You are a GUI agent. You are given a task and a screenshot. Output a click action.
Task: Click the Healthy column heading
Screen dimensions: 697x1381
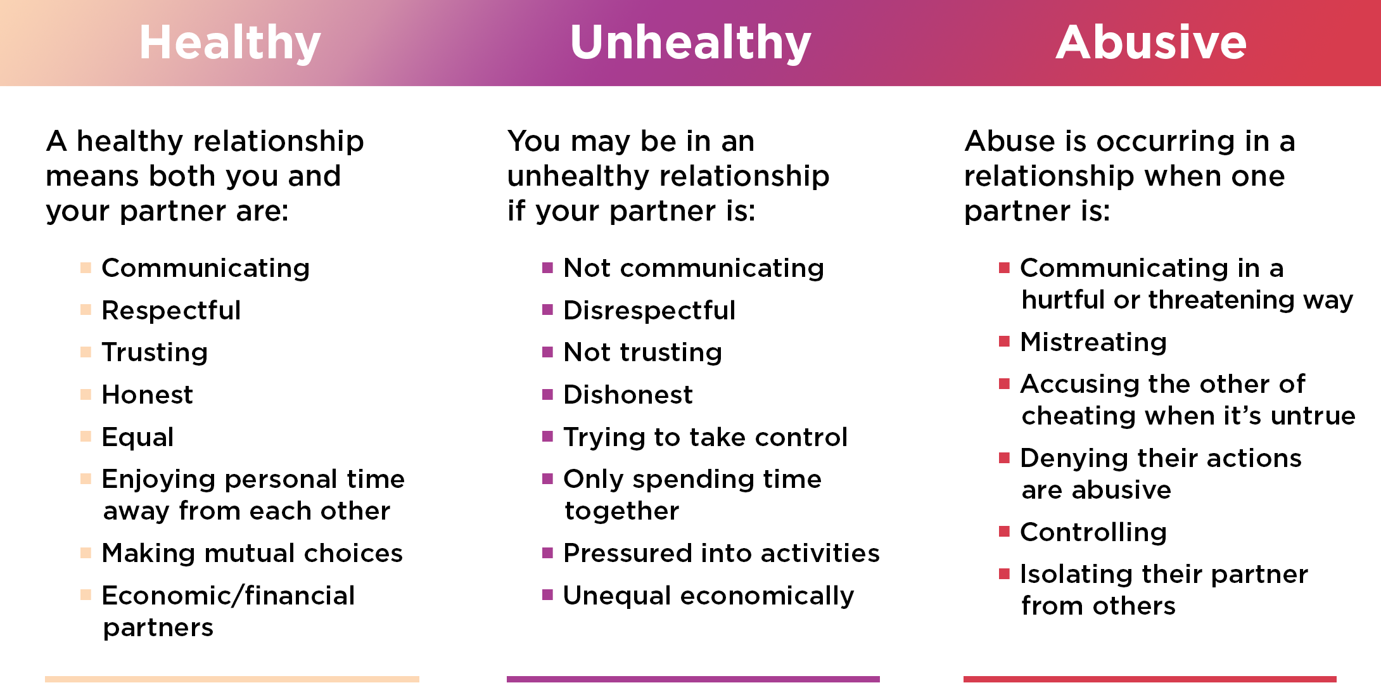(230, 43)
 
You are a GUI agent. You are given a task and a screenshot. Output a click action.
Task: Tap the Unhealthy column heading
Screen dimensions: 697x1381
(690, 43)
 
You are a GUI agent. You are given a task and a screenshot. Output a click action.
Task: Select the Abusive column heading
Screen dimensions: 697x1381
(1151, 43)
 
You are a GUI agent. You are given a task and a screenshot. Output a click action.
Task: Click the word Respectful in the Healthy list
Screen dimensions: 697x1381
(171, 310)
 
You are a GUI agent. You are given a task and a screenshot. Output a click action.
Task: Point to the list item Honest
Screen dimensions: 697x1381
(147, 395)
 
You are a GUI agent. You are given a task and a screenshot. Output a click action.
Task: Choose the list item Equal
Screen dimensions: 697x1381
(137, 437)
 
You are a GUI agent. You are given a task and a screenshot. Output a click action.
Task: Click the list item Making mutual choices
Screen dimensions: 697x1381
(252, 553)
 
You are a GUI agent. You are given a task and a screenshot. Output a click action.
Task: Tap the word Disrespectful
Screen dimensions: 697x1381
(649, 310)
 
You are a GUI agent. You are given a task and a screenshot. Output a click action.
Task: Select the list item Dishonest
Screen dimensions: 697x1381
(628, 395)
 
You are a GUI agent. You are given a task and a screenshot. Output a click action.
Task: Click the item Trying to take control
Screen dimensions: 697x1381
(705, 437)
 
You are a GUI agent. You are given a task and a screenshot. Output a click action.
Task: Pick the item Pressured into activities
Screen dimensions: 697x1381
(722, 553)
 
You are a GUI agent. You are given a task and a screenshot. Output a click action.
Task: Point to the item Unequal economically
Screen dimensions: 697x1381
(708, 596)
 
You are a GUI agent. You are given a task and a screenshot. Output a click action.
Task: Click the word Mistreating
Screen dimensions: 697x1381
(1093, 342)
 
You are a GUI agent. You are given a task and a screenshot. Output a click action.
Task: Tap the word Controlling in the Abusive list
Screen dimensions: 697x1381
(1093, 532)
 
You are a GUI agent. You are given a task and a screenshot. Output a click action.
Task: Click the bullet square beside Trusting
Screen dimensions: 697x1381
(86, 352)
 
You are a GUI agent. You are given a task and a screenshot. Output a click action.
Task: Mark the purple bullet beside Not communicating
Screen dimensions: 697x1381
(548, 268)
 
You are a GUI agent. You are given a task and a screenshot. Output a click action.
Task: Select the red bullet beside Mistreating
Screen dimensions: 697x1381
(1004, 342)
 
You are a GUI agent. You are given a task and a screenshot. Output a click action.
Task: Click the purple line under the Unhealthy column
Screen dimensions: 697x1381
(693, 679)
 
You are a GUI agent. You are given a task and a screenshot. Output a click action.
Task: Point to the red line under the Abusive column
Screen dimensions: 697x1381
(1150, 679)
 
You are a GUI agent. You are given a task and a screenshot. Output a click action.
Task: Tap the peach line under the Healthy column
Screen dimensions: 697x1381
(232, 679)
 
